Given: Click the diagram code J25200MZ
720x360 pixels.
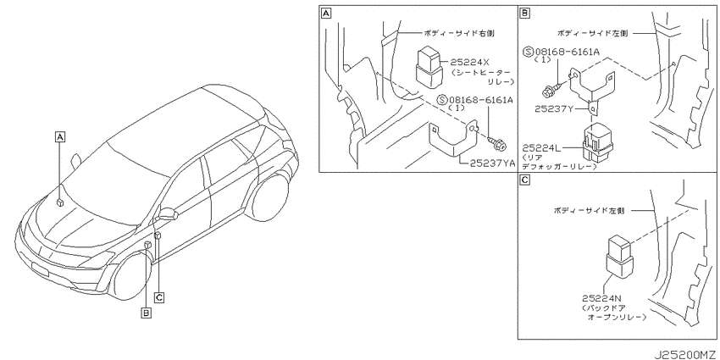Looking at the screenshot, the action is tap(686, 355).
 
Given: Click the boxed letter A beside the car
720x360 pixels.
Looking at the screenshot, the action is tap(59, 136).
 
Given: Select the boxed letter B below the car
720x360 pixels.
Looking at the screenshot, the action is tap(146, 313).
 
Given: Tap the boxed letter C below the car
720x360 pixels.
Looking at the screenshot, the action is tap(159, 298).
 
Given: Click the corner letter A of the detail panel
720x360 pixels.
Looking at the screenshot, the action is tap(325, 14).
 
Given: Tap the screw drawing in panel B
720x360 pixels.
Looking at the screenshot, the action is tap(552, 90).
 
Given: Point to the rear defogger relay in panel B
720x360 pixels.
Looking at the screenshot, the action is tap(599, 142).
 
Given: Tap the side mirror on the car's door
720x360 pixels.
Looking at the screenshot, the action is tap(168, 214).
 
